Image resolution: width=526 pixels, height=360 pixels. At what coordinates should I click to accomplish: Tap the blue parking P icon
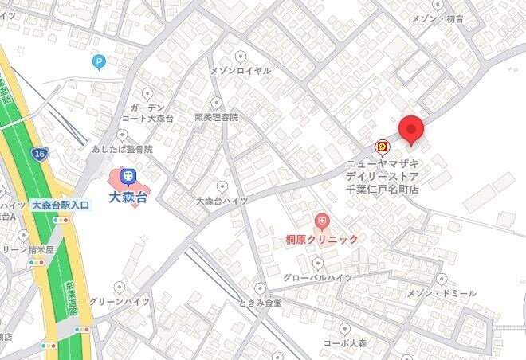[99, 61]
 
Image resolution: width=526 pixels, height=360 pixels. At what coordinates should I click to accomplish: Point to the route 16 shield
[39, 153]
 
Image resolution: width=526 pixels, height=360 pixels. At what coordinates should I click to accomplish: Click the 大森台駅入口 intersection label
[61, 205]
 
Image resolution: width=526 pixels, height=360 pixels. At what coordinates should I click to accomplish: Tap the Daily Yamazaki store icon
[383, 147]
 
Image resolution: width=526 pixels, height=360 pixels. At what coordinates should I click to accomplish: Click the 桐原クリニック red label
[322, 239]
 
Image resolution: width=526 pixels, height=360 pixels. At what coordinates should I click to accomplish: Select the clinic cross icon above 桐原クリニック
[322, 219]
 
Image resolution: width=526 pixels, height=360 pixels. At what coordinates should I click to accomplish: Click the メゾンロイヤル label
[240, 70]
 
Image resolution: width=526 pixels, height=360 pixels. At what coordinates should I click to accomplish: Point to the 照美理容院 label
[216, 117]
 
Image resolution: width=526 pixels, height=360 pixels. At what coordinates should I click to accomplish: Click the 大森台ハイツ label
[222, 201]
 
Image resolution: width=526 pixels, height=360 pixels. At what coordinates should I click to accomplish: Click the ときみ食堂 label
[260, 303]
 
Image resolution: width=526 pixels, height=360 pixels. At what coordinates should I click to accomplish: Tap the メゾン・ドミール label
[442, 293]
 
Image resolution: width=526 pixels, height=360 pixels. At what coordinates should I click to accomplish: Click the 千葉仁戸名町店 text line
[382, 189]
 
